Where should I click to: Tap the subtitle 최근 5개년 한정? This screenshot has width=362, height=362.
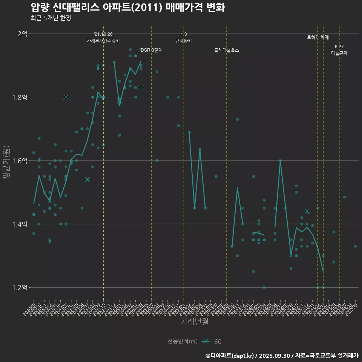[51, 18]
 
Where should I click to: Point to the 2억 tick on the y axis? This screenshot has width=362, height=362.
[22, 34]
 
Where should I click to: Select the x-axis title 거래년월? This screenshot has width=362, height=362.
[194, 322]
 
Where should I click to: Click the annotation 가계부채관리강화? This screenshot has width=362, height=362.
[103, 41]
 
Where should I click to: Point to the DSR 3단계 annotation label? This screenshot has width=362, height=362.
[152, 50]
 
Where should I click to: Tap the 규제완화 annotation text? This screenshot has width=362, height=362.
[184, 41]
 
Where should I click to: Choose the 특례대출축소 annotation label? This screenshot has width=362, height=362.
[227, 50]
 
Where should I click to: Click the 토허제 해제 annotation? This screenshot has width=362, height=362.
[318, 37]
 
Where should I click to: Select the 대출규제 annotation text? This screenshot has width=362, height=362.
[339, 53]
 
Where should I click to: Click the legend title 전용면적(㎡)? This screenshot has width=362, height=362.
[183, 342]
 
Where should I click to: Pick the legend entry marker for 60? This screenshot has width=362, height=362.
[206, 342]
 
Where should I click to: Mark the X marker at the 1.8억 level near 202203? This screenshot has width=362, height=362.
[66, 97]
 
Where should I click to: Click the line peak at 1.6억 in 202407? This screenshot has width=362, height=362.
[280, 160]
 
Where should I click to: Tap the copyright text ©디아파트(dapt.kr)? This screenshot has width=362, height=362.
[230, 356]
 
